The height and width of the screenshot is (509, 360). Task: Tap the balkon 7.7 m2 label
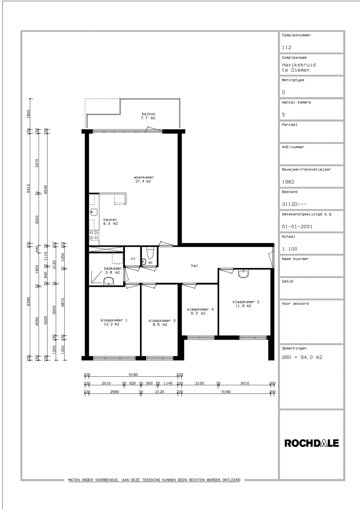pyautogui.click(x=148, y=116)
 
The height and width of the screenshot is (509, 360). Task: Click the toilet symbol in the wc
pyautogui.click(x=150, y=253)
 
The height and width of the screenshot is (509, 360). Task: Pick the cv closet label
pyautogui.click(x=133, y=259)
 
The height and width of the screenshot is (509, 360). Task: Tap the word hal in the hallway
pyautogui.click(x=194, y=265)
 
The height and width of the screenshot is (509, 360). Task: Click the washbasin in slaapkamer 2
pyautogui.click(x=243, y=273)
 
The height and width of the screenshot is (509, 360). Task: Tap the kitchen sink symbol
pyautogui.click(x=94, y=212)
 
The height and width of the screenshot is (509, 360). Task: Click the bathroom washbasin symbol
pyautogui.click(x=108, y=281)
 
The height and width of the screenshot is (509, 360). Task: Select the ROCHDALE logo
pyautogui.click(x=311, y=443)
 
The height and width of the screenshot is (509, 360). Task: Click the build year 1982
pyautogui.click(x=288, y=182)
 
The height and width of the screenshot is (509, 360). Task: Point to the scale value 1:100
pyautogui.click(x=289, y=249)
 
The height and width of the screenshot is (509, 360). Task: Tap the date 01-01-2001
pyautogui.click(x=297, y=227)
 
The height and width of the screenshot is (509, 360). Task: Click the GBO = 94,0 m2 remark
pyautogui.click(x=302, y=357)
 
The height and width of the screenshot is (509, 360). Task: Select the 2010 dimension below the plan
pyautogui.click(x=106, y=383)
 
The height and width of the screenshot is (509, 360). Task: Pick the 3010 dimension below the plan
pyautogui.click(x=245, y=383)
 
